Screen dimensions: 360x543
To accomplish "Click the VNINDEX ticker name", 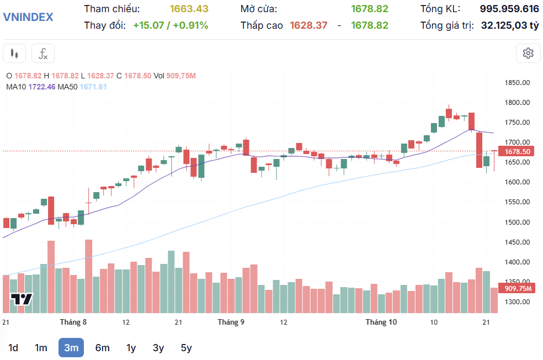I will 29,17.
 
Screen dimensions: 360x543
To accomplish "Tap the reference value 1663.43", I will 189,9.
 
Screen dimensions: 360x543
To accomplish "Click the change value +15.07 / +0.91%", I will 171,25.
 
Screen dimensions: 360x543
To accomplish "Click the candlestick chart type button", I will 14,54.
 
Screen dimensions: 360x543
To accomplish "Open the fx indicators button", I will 42,54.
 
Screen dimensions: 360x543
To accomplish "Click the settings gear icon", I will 528,54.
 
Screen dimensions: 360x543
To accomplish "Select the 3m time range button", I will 71,348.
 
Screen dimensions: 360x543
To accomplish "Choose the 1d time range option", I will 14,348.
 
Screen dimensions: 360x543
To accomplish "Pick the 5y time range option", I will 187,348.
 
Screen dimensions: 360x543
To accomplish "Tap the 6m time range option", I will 102,348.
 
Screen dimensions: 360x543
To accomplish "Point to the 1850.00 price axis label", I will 517,83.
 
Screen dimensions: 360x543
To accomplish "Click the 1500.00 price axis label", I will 517,222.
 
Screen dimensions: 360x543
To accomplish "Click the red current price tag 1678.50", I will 518,152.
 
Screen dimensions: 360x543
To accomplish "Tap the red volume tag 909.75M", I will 518,288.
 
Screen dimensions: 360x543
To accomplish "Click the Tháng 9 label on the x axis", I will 231,322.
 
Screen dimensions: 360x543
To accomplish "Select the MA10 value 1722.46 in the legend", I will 42,87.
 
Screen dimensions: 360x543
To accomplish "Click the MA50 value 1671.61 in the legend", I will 93,87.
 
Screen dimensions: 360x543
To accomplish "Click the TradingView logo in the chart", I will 22,299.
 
